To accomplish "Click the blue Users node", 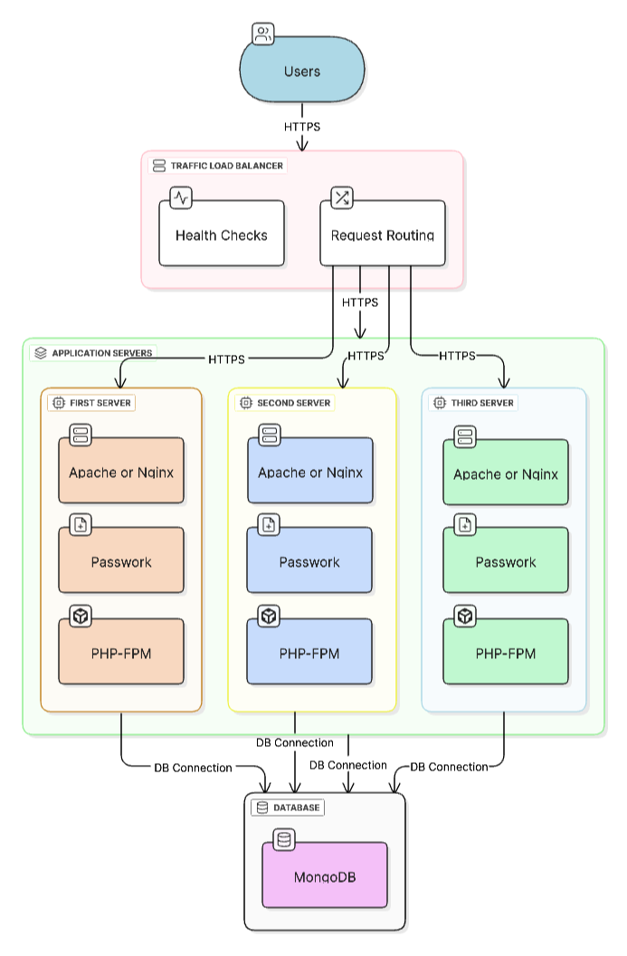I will [302, 72].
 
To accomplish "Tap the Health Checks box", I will [222, 234].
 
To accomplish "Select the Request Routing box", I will [383, 234].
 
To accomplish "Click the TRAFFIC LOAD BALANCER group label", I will [226, 166].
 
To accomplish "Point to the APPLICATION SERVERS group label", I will [102, 352].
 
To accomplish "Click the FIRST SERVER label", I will [100, 402].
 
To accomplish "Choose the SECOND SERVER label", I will [293, 402].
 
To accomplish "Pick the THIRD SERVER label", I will [482, 402].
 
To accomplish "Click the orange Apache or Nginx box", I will [121, 472].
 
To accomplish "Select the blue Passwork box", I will [309, 562].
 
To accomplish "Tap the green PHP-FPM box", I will [506, 653].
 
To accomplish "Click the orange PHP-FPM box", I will [121, 652].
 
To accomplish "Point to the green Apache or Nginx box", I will [506, 474].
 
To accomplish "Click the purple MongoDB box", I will [325, 876].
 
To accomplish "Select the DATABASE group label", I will [296, 807].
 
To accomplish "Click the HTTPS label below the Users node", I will [302, 127].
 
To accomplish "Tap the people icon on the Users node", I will [262, 35].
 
